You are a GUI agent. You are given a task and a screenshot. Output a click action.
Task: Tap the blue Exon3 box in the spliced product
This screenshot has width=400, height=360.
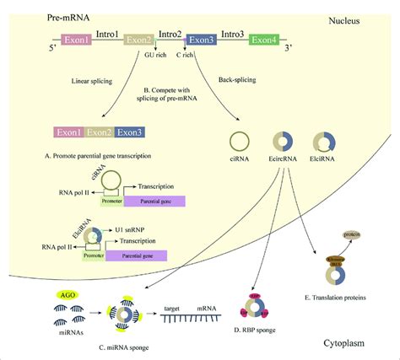[x=129, y=132]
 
